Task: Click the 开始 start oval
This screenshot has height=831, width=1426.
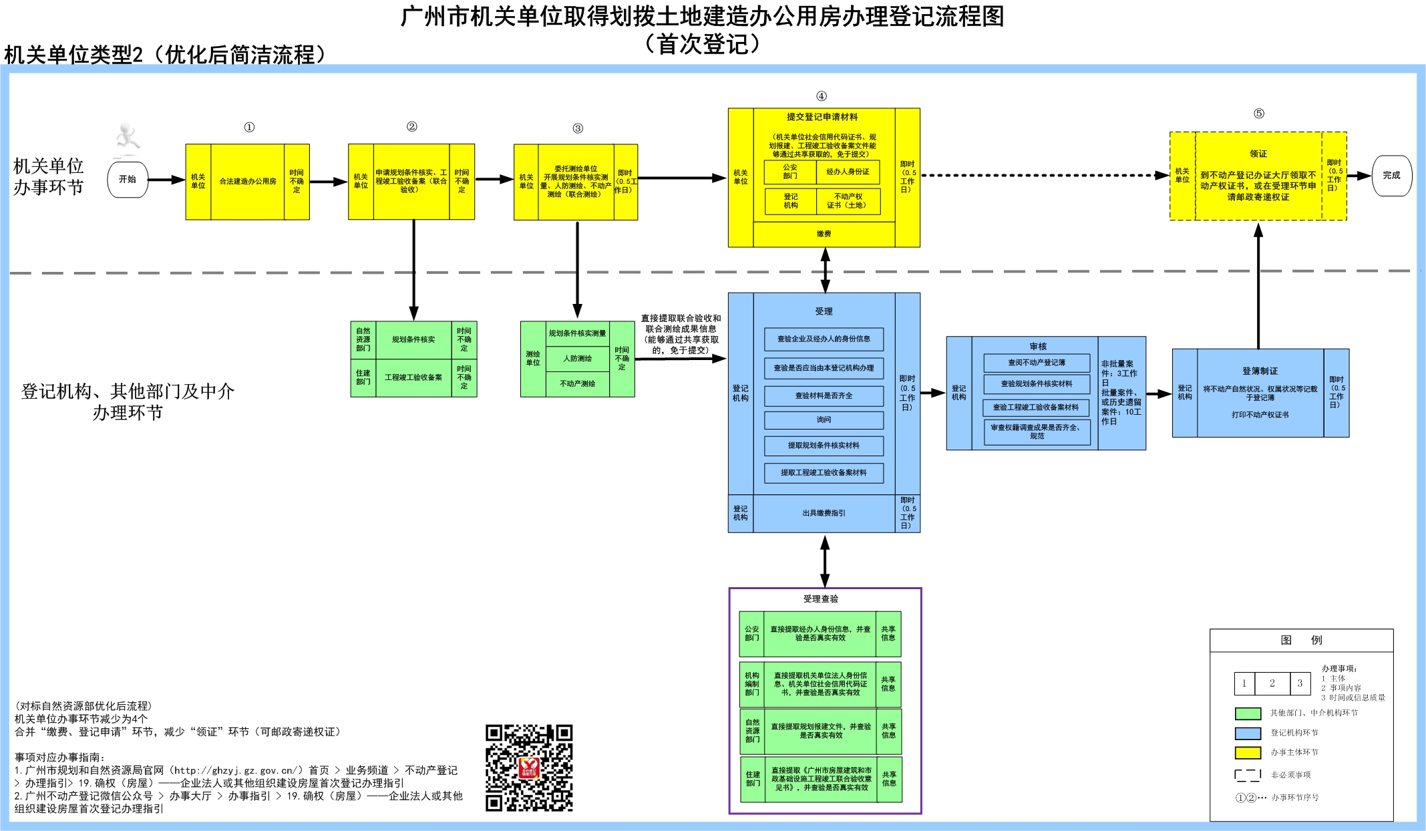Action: [x=127, y=179]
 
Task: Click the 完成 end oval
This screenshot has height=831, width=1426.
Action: [x=1391, y=176]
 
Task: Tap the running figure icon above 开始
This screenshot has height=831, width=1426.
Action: [x=126, y=138]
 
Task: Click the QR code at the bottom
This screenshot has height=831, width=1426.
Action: [x=529, y=768]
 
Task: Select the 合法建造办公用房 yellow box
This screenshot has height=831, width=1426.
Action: [x=248, y=182]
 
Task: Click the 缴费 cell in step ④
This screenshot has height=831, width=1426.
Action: [x=824, y=234]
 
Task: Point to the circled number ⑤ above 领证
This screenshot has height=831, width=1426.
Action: [x=1259, y=114]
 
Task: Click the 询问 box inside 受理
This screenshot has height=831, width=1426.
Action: [x=824, y=420]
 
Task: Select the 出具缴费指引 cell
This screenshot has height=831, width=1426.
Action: [x=824, y=513]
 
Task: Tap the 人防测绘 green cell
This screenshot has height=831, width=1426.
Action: [x=577, y=359]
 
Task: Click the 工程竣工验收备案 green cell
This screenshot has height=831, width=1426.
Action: [x=413, y=377]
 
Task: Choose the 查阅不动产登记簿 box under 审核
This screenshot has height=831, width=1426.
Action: [x=1037, y=363]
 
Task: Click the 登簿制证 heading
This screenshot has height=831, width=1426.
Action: [x=1260, y=371]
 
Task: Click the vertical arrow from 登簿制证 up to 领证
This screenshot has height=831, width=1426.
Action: [x=1258, y=287]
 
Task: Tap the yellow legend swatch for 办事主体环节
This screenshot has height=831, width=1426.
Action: [x=1248, y=753]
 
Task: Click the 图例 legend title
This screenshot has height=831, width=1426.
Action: [x=1301, y=640]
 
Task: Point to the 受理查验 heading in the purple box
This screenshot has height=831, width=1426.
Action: [x=820, y=599]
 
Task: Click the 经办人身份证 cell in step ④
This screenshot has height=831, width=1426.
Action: [x=848, y=172]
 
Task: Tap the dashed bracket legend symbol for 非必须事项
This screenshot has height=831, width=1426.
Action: [x=1248, y=775]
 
